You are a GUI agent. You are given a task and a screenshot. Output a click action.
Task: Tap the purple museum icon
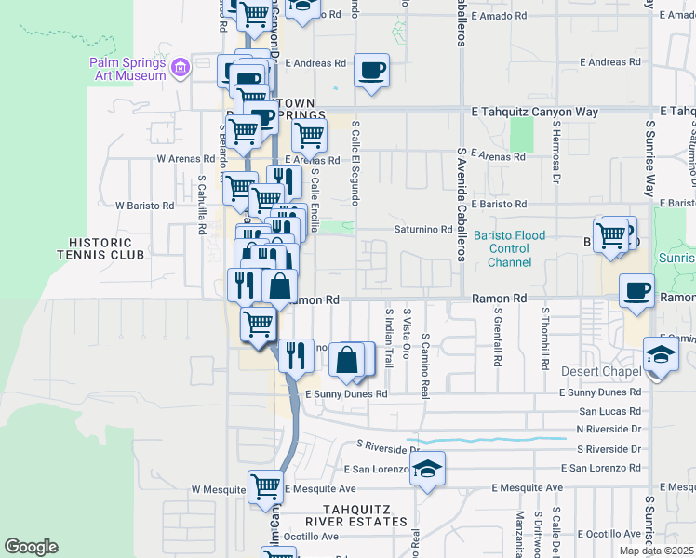181,67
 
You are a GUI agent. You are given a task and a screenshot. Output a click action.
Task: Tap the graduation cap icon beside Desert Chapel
661,355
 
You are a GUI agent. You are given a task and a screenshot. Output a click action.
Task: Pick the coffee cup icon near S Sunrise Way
636,290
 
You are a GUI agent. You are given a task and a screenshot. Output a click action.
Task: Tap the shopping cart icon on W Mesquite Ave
265,486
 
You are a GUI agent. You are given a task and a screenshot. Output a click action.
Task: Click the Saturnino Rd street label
423,230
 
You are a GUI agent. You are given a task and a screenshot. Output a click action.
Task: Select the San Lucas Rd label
609,410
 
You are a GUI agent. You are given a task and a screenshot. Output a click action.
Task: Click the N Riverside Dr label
609,429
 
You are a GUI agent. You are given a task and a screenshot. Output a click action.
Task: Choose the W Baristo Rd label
144,206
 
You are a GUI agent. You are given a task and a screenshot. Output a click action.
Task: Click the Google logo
31,547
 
